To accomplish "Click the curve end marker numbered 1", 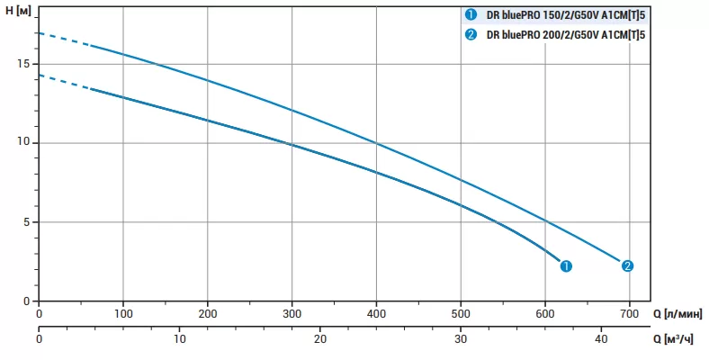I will tap(566, 265).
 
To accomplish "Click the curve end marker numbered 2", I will tap(627, 265).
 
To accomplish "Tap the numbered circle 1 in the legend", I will tap(470, 13).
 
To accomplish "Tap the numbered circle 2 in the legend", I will tap(470, 35).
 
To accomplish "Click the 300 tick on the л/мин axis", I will tap(292, 314).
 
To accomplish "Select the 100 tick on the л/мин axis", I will tap(123, 314).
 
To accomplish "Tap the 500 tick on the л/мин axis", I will tap(461, 314).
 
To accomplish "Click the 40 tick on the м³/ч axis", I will tap(601, 339).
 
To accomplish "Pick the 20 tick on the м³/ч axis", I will tap(320, 339).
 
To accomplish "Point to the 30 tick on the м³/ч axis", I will tap(461, 339).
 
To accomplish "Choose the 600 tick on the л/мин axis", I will tap(545, 314).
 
